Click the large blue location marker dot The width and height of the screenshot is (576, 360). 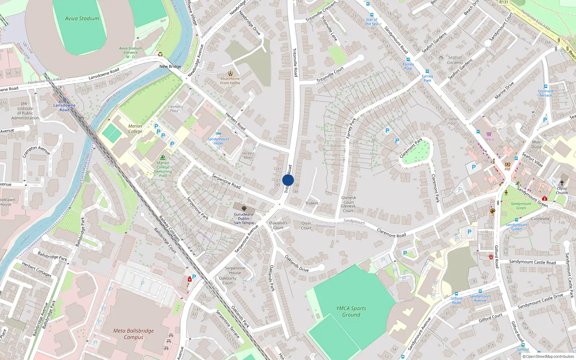coord(288,180)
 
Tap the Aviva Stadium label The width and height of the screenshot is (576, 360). coord(82,18)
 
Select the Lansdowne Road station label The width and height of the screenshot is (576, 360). coord(64,107)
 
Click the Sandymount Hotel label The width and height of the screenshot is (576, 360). coord(218,141)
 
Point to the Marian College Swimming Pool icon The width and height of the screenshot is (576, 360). coord(163,158)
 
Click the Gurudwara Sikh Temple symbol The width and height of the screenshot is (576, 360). coord(244,208)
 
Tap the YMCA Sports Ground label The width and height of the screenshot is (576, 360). coord(351,311)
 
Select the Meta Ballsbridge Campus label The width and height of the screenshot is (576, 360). coord(134,334)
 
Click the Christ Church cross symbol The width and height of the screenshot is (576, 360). coord(562,183)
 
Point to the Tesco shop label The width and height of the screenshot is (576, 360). coord(489,139)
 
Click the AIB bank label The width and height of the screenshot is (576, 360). coord(507,169)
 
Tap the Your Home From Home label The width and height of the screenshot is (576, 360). coord(230,81)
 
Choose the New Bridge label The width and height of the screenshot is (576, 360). coord(170,66)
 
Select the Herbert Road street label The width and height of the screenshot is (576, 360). coord(235,121)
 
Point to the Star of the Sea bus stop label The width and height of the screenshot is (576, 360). coord(372,22)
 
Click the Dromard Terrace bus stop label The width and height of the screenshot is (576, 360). coord(545,93)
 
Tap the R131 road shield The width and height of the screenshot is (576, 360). coord(504,2)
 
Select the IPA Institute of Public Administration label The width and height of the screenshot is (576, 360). coord(25,111)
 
